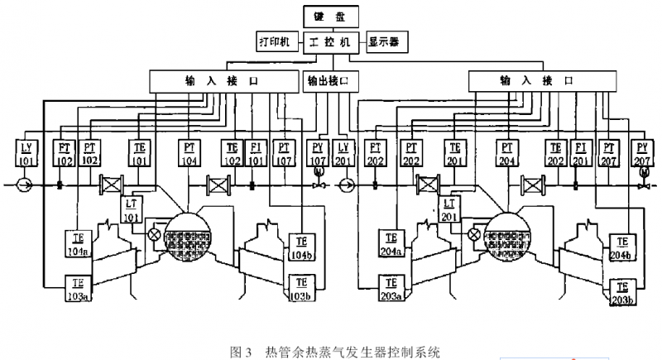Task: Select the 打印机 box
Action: [x=274, y=41]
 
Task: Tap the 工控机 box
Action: [x=329, y=41]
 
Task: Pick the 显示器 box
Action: [x=385, y=41]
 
